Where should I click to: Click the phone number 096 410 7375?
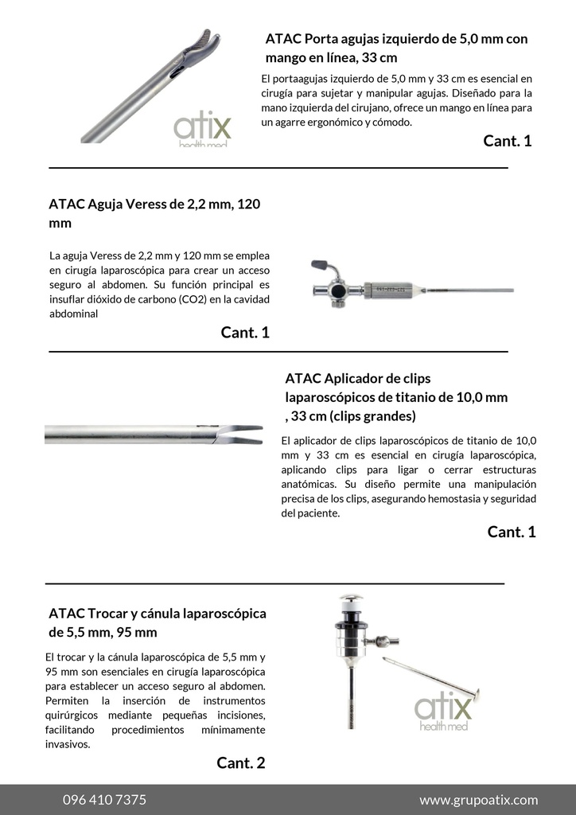click(x=104, y=800)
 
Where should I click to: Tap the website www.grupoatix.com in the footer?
click(x=478, y=800)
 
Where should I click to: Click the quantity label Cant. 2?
click(x=240, y=763)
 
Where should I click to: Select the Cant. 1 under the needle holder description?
click(x=507, y=142)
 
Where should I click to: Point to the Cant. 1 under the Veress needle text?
click(x=245, y=333)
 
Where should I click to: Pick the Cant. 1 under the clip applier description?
click(x=512, y=532)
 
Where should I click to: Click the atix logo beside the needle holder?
click(x=202, y=129)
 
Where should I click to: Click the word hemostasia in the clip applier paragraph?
click(x=424, y=499)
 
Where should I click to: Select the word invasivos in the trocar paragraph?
click(x=68, y=744)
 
